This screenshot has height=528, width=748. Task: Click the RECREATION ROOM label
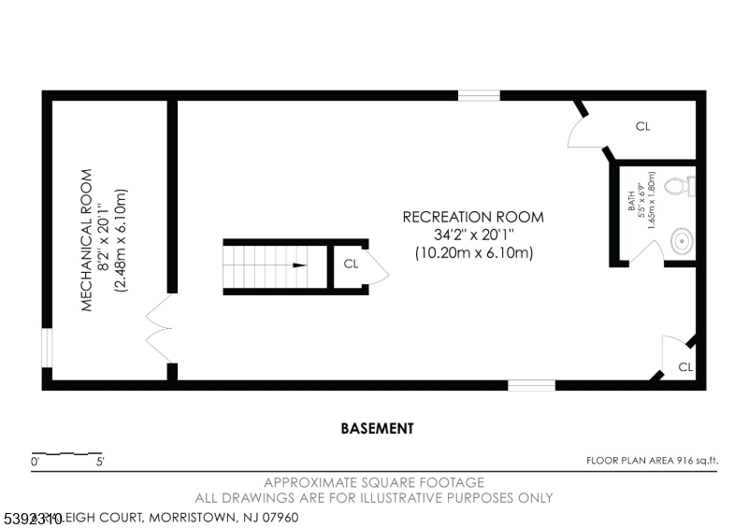pyautogui.click(x=472, y=217)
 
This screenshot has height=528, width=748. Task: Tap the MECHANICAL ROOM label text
pyautogui.click(x=86, y=239)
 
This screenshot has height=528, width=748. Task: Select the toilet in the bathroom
pyautogui.click(x=680, y=187)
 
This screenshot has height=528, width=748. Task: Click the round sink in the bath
pyautogui.click(x=683, y=243)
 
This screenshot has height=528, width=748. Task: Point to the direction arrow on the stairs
pyautogui.click(x=298, y=265)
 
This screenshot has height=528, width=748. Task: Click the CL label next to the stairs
pyautogui.click(x=351, y=264)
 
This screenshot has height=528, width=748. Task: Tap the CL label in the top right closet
pyautogui.click(x=642, y=126)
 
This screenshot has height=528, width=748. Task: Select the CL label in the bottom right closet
pyautogui.click(x=685, y=367)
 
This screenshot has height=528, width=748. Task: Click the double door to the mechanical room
pyautogui.click(x=157, y=330)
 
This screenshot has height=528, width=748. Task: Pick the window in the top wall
pyautogui.click(x=478, y=94)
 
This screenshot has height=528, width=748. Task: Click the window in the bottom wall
pyautogui.click(x=531, y=384)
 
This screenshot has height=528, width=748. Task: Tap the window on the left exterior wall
pyautogui.click(x=47, y=348)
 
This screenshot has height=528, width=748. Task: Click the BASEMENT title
pyautogui.click(x=376, y=429)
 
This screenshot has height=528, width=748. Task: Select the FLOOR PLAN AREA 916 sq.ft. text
pyautogui.click(x=651, y=460)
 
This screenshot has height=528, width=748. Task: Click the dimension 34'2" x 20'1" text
pyautogui.click(x=472, y=235)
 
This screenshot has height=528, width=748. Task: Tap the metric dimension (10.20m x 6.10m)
pyautogui.click(x=473, y=252)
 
